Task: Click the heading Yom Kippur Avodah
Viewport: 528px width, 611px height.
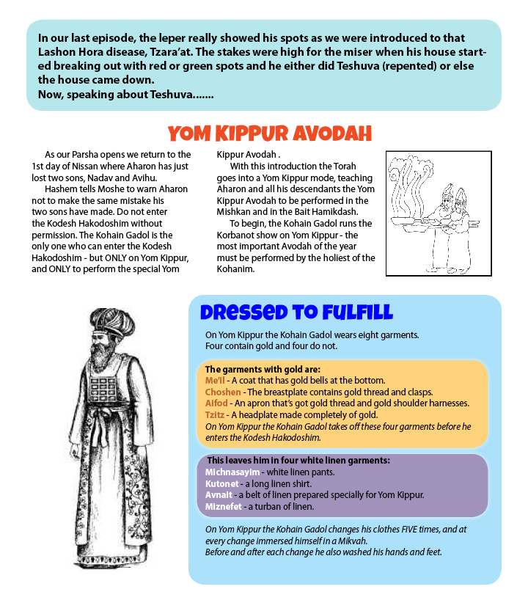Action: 269,133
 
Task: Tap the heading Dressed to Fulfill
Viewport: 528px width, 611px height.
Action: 296,313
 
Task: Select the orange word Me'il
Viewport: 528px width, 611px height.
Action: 215,381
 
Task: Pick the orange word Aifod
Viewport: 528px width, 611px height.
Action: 216,403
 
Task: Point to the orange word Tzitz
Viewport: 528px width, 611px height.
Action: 216,414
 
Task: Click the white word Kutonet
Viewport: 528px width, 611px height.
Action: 223,484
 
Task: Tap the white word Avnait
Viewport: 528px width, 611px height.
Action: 219,495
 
